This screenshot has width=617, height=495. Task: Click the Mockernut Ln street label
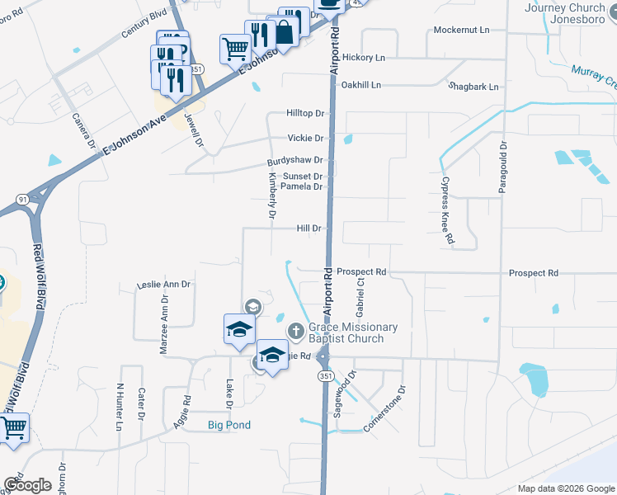[462, 30]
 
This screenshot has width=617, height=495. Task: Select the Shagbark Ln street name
[473, 86]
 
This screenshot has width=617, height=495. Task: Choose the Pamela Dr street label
[301, 186]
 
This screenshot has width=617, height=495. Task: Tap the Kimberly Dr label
[272, 196]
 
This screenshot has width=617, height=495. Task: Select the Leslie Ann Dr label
[164, 285]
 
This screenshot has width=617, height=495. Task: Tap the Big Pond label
[228, 425]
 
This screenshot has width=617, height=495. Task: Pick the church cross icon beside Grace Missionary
[295, 332]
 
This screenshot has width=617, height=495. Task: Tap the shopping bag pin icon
[284, 33]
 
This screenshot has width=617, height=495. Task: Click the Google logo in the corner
[28, 485]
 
